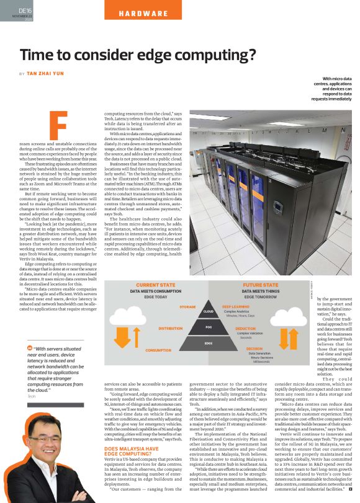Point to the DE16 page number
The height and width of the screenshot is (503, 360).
[25, 11]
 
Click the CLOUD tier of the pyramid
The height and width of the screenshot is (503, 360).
[209, 311]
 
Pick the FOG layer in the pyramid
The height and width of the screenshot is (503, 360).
[209, 326]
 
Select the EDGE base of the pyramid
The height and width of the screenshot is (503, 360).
[209, 342]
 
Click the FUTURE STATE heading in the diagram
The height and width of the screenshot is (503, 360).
[261, 285]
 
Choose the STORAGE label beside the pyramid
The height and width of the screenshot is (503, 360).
[187, 307]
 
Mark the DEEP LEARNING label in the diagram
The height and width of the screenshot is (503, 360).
[236, 306]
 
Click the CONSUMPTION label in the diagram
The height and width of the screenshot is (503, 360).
[158, 350]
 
